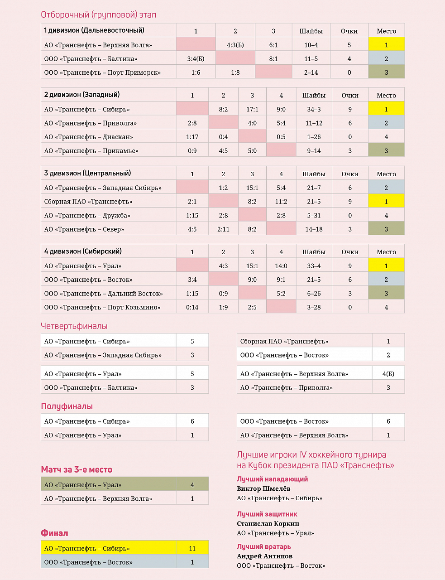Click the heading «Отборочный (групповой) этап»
coord(99,15)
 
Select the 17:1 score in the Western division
coord(252,109)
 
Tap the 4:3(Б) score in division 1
coord(235,45)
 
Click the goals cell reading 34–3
coord(314,109)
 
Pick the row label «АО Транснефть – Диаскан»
coord(89,137)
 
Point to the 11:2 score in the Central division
coord(281,202)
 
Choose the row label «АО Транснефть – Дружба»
coord(87,216)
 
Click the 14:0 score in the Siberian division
coord(281,266)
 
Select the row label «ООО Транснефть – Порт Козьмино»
coord(102,307)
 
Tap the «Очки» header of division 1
coord(349,31)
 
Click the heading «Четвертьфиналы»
coord(74,326)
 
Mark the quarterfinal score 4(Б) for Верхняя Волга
coord(388,374)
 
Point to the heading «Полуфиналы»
coord(67,406)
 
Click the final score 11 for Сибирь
coord(192,548)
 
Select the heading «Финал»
coord(55,533)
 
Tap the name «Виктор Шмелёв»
coord(263,488)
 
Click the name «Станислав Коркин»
coord(268,523)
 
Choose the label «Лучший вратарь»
coord(264,546)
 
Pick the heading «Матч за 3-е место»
coord(77,470)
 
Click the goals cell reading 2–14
coord(311,72)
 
